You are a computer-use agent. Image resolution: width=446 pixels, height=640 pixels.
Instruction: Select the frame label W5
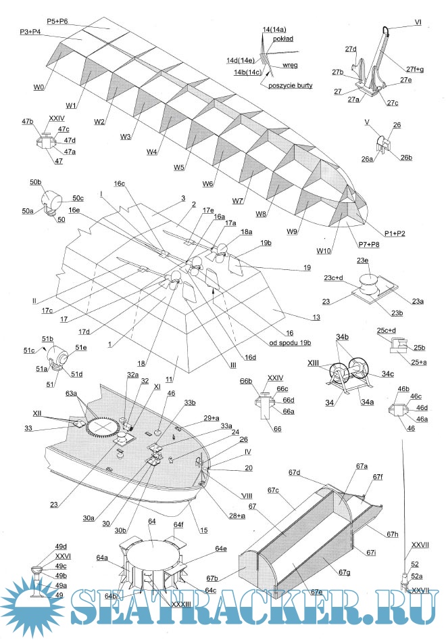tap(178, 167)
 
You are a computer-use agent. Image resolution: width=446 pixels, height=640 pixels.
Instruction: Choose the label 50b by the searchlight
tap(36, 183)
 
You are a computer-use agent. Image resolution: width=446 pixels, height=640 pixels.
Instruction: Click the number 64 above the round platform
tap(152, 522)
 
